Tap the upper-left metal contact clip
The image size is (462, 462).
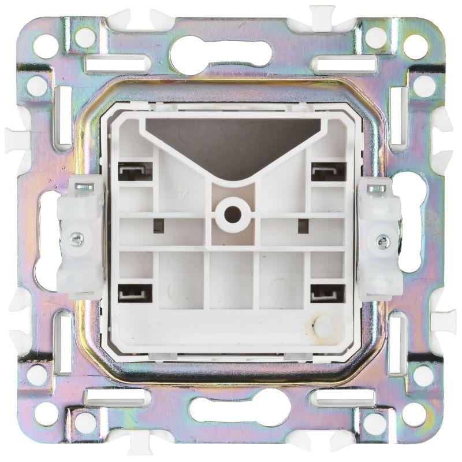[x=135, y=170]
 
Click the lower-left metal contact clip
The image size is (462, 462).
[x=135, y=293]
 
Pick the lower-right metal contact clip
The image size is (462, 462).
[x=327, y=293]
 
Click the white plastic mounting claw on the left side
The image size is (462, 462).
[x=80, y=236]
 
